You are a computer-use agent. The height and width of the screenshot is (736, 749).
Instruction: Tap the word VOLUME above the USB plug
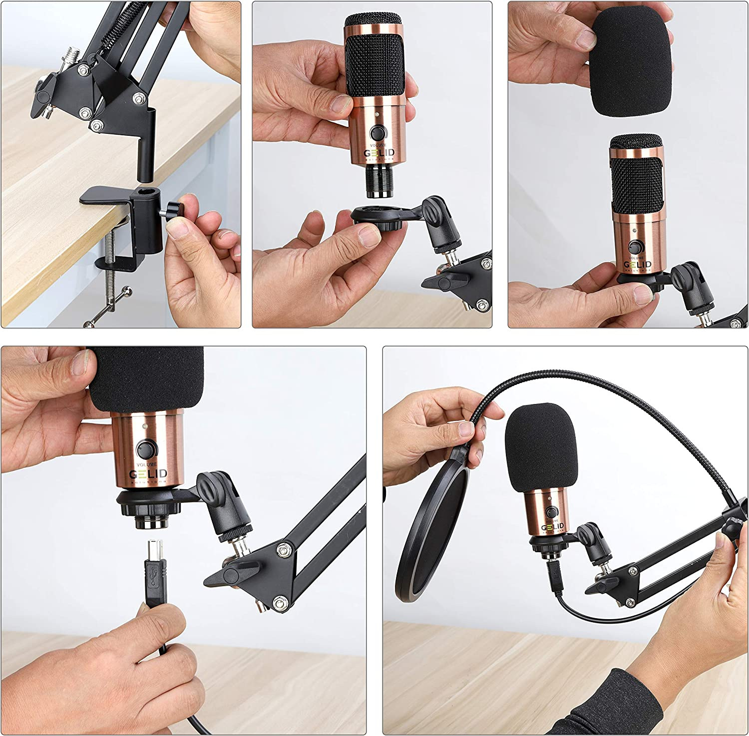tap(146, 464)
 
